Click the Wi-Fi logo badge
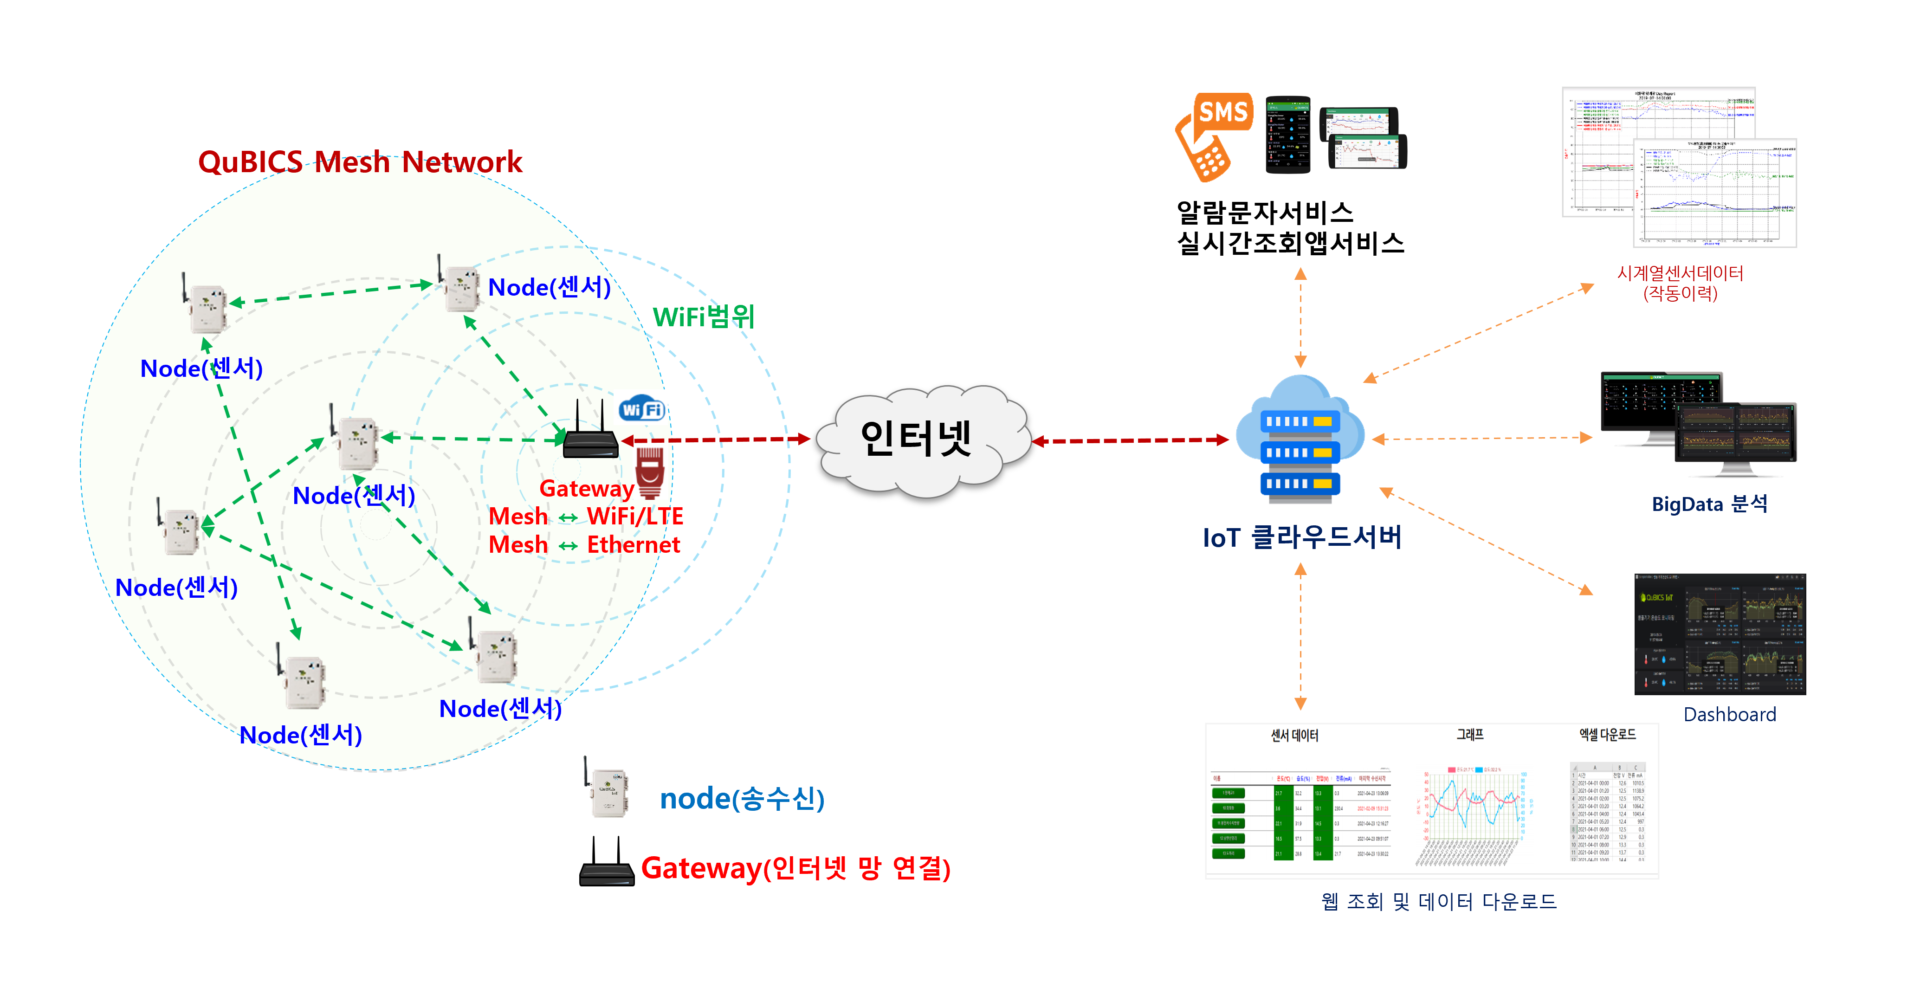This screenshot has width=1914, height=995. (x=641, y=409)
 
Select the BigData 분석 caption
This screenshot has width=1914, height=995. (x=1709, y=504)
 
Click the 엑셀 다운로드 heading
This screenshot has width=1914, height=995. (x=1607, y=734)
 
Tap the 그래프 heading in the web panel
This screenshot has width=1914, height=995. (x=1470, y=734)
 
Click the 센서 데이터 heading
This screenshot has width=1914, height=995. (x=1294, y=735)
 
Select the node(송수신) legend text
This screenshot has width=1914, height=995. (x=742, y=799)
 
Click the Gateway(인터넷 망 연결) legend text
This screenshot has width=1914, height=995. (x=795, y=868)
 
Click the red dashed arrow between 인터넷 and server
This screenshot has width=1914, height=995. (x=1129, y=441)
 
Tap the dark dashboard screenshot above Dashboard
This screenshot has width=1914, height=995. (x=1720, y=634)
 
